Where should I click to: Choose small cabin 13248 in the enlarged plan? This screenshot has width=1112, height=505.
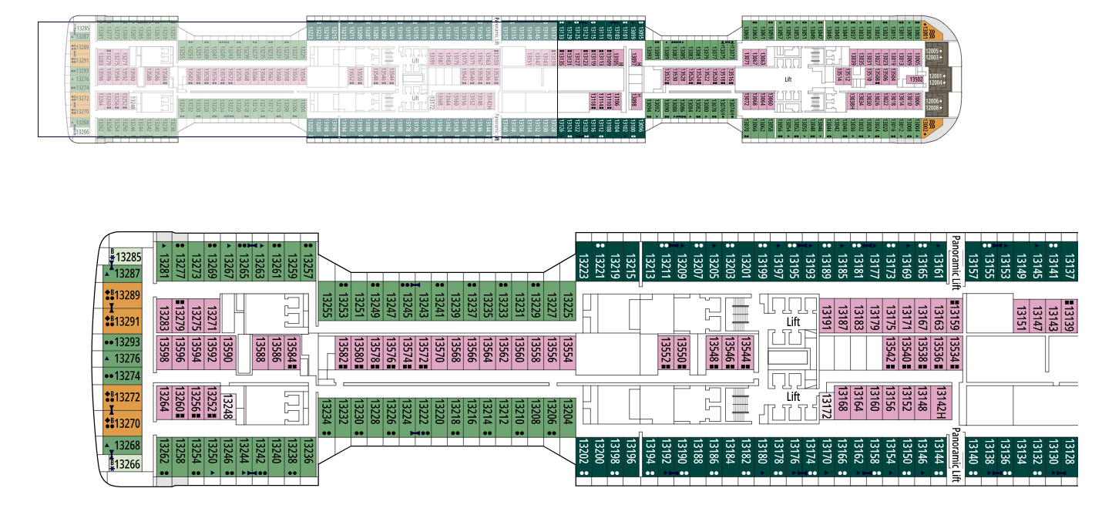pyautogui.click(x=227, y=406)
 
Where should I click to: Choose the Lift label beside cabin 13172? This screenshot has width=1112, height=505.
pyautogui.click(x=794, y=396)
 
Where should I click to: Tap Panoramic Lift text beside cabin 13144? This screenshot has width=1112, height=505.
pyautogui.click(x=956, y=455)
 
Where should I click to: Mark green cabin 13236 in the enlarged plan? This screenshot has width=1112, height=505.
pyautogui.click(x=308, y=455)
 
